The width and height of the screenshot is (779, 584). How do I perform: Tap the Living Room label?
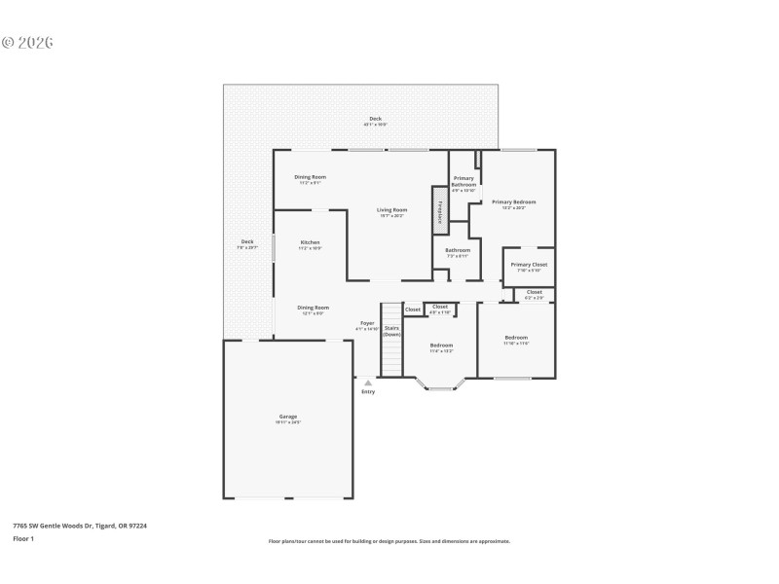coord(391,212)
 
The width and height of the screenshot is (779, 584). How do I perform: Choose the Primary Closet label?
coord(529,267)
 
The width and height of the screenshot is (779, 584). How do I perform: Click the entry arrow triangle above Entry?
coord(368,383)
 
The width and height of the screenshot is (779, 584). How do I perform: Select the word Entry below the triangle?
coord(368,392)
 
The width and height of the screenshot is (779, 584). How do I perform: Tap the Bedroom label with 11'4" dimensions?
coord(441,347)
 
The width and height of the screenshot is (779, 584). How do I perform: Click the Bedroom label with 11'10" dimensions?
coord(516,340)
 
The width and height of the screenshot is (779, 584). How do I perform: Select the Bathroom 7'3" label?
coord(458,252)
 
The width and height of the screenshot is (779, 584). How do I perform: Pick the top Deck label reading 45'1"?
coord(375,121)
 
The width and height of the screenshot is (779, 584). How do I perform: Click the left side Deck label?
coord(247,243)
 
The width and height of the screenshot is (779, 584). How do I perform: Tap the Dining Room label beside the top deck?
coord(311,179)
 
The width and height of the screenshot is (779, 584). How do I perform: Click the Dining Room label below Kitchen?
coord(313,310)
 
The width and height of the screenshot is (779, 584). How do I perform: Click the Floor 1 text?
coord(23,538)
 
